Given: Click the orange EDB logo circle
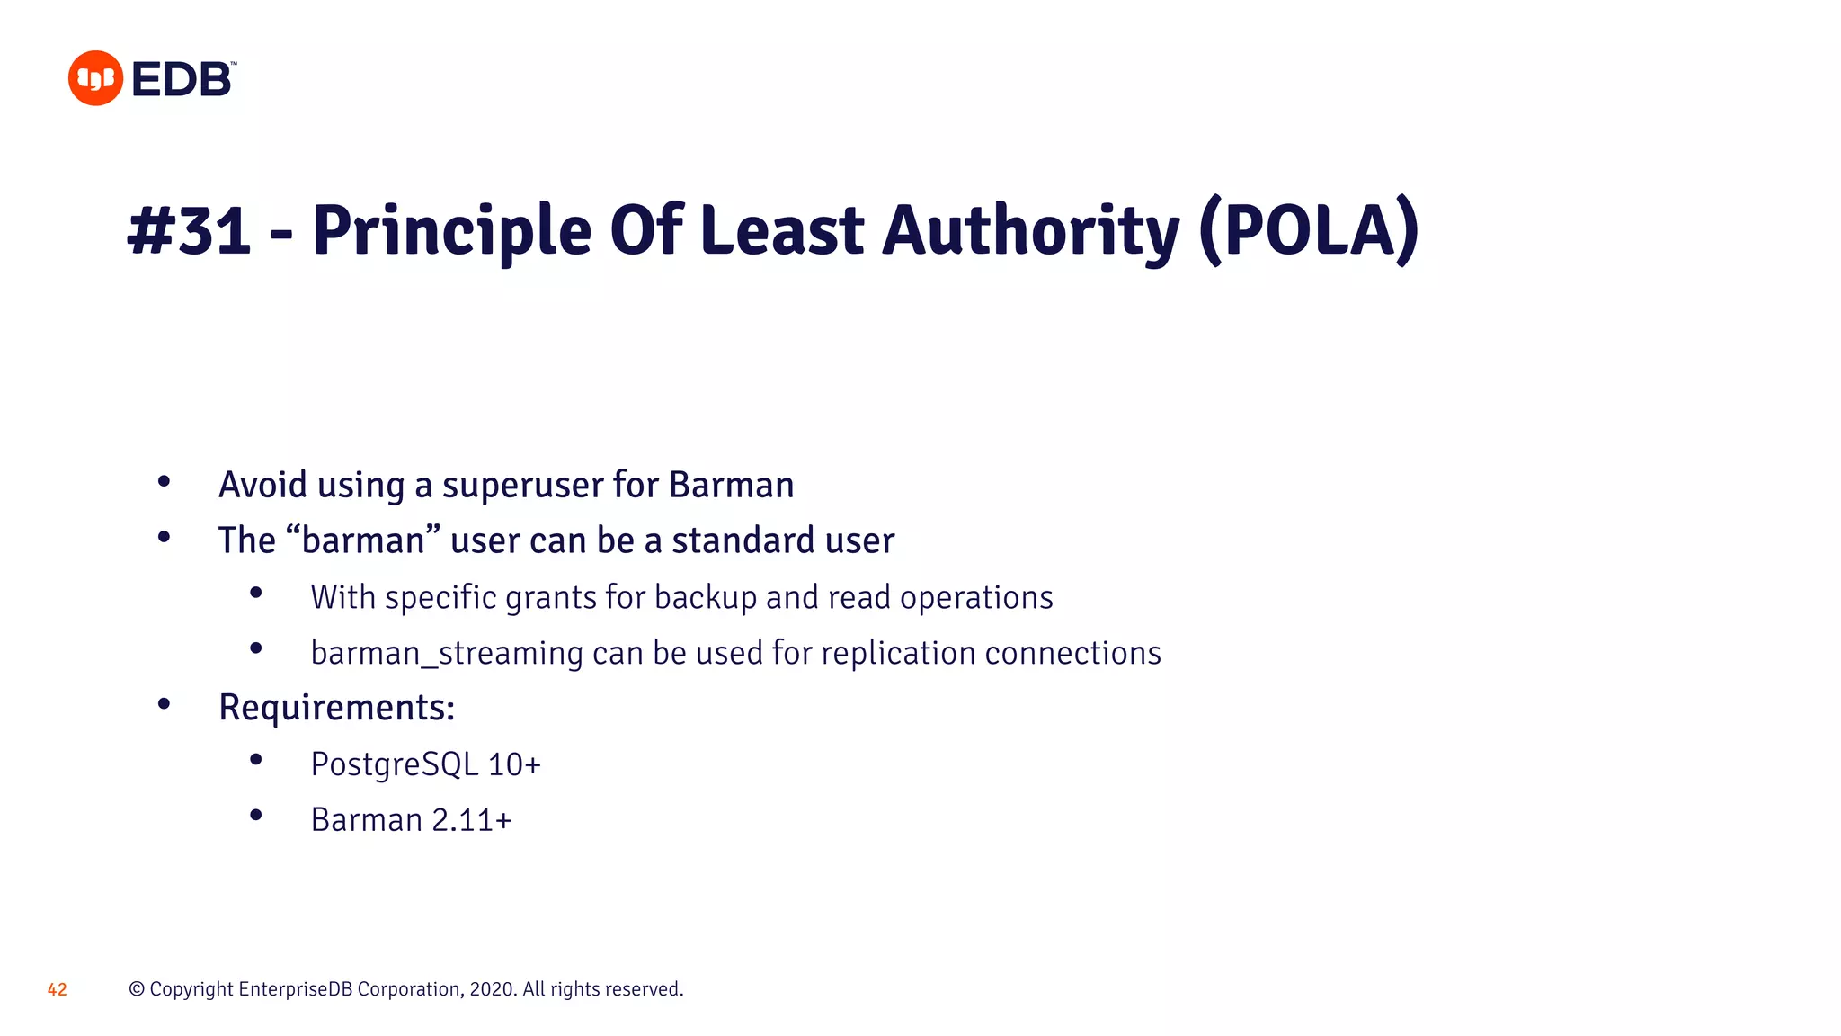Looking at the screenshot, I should pos(95,78).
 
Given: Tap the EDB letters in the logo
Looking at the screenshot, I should pos(182,80).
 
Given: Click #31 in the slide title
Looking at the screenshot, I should pos(189,230).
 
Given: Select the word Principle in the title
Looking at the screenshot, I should pos(451,232).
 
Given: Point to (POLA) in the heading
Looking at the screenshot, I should pos(1309,230).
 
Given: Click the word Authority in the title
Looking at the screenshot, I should pos(1030,232).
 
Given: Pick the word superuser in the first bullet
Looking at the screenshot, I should pos(522,486).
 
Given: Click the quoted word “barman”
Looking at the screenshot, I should pos(363,540).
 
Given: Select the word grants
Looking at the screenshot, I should pos(551,598).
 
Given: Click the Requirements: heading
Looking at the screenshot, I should pos(337,708).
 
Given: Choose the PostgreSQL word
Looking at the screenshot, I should pos(394,764).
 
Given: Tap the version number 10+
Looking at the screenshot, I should pos(514,764).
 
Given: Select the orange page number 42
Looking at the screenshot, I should pos(58,989).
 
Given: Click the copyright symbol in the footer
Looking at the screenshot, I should pos(137,989).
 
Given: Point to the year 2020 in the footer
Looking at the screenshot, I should pos(492,989).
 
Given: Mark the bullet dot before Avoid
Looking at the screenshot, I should pos(164,482).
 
